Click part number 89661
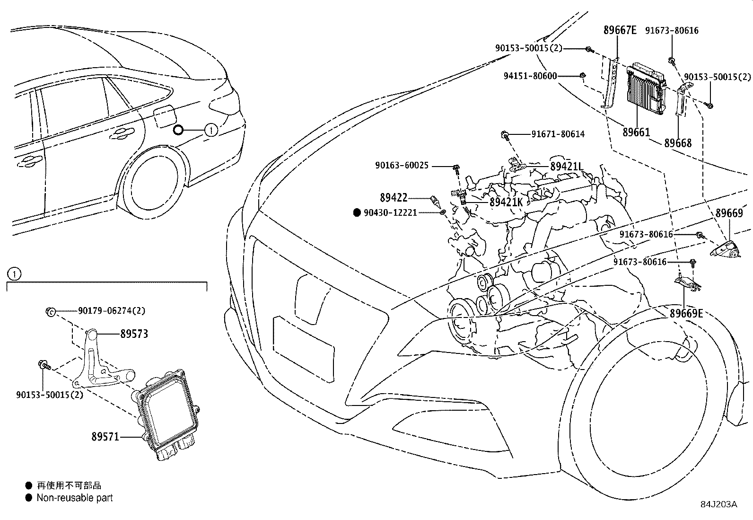click(x=636, y=132)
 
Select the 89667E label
click(x=620, y=30)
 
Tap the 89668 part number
click(x=678, y=143)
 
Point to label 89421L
click(x=567, y=167)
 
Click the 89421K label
click(x=506, y=202)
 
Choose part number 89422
click(x=394, y=197)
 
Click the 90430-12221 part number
click(x=390, y=213)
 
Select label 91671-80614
click(x=558, y=134)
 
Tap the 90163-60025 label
click(x=402, y=166)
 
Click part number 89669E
click(x=686, y=313)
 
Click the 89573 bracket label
click(x=134, y=334)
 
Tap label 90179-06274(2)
click(x=112, y=311)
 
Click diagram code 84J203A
click(x=719, y=504)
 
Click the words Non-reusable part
click(x=75, y=498)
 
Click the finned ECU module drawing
click(x=644, y=87)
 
